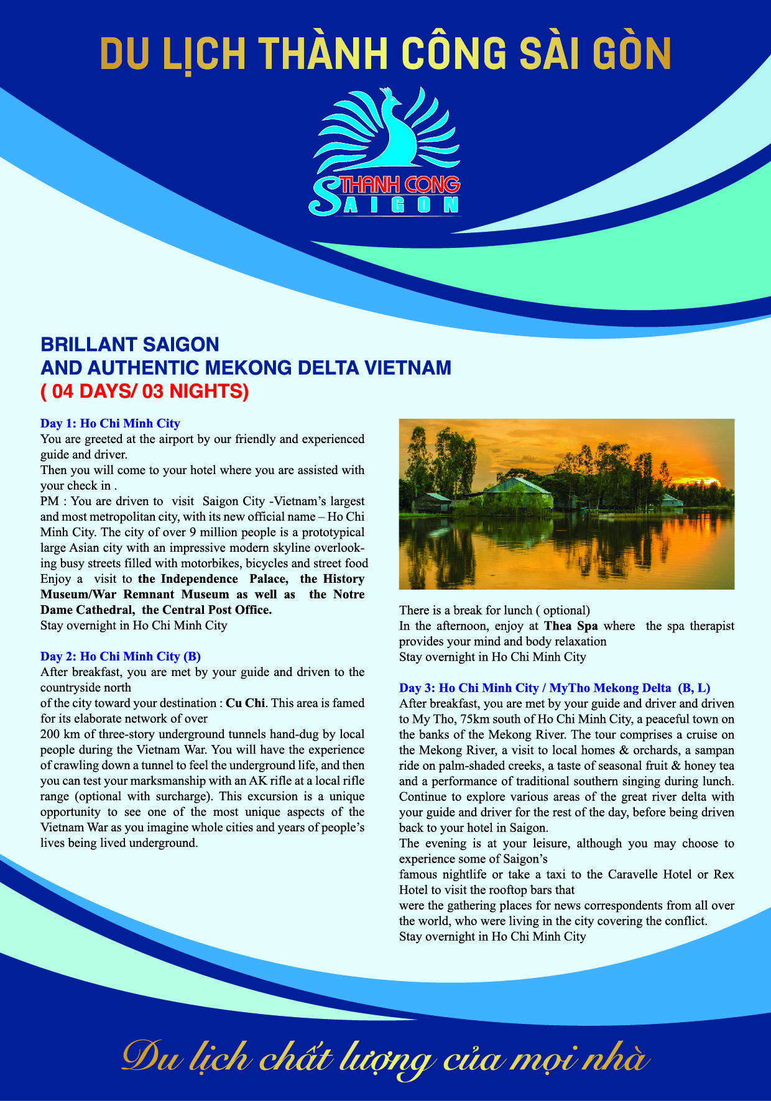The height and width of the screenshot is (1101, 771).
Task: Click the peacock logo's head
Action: click(x=389, y=95)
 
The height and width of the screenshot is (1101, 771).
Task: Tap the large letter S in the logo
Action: click(x=324, y=196)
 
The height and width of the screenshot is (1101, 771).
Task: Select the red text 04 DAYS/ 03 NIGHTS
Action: click(x=145, y=391)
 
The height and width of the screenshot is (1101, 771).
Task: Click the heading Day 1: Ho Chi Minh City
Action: click(x=110, y=424)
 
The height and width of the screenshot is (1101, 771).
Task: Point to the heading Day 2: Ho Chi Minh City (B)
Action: click(x=120, y=657)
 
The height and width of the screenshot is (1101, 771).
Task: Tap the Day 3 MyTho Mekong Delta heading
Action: click(x=554, y=688)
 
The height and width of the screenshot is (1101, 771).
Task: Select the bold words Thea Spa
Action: click(x=571, y=626)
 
